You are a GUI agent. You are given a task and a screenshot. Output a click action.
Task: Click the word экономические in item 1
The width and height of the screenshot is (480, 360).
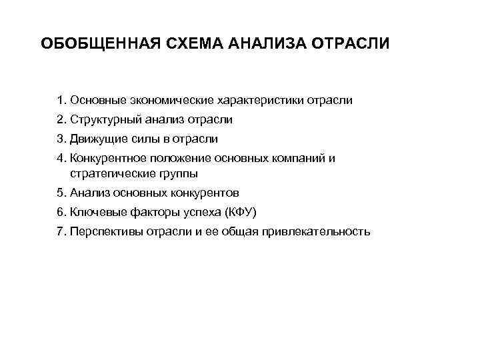172,101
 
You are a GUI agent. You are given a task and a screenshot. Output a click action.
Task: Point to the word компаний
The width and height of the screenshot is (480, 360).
303,159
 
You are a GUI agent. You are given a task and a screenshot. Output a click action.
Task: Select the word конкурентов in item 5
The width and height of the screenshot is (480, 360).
207,193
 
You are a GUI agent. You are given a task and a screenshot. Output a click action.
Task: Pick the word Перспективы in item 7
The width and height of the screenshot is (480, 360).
101,231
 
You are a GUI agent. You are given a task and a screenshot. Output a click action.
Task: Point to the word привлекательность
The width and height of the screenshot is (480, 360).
319,231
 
